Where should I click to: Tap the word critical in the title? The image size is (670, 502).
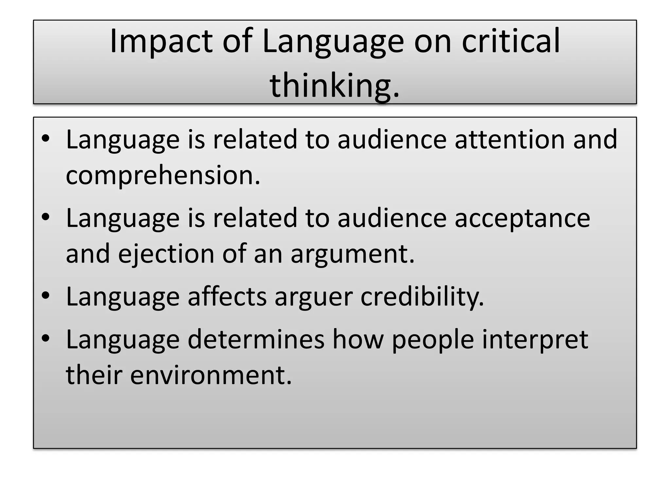[x=511, y=41]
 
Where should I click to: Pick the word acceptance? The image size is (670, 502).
[x=522, y=218]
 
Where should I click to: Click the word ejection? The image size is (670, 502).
[x=166, y=254]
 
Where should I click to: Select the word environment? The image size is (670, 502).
[x=211, y=376]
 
